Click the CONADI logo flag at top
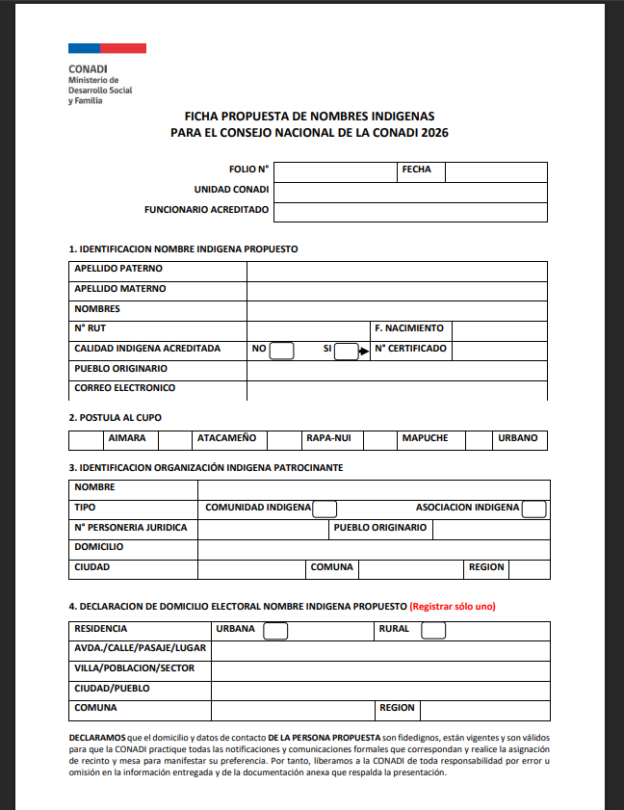point(107,47)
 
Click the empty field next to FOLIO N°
point(334,171)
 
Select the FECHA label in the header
point(416,170)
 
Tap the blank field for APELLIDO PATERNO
point(397,270)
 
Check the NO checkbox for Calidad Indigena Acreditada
point(282,351)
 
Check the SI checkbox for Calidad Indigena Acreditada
point(346,351)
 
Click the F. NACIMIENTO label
point(409,328)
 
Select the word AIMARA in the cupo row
point(127,439)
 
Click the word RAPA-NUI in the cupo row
point(326,439)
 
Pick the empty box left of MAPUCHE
point(380,440)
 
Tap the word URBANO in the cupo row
point(517,439)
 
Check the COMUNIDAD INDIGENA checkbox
point(325,510)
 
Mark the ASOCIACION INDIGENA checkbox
point(533,510)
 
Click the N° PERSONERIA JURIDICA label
point(130,528)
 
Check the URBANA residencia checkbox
point(275,631)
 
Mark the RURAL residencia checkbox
point(433,631)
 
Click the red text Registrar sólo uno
point(452,607)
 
